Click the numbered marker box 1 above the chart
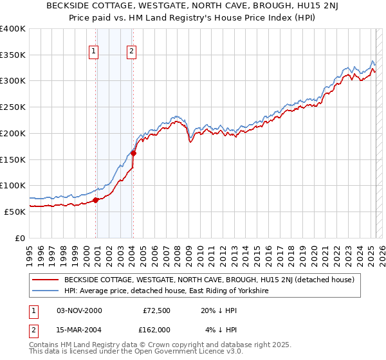(94, 52)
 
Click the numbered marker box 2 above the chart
(131, 52)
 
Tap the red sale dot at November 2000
(96, 200)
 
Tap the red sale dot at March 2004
(133, 153)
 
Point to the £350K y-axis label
(13, 55)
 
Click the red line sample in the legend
(46, 280)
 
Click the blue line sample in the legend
(46, 291)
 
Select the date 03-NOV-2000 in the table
(79, 310)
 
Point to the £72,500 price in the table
(156, 310)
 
